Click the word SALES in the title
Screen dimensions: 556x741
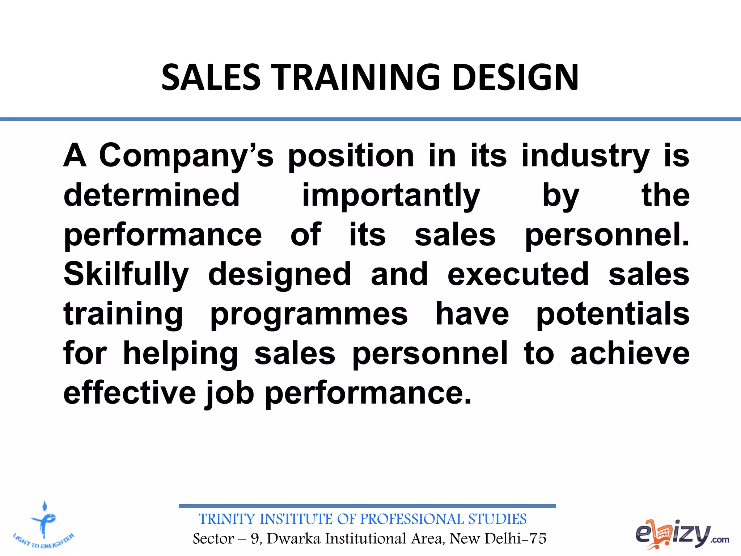click(x=211, y=77)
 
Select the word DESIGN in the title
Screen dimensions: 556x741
click(x=515, y=77)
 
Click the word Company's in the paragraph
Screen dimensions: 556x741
click(x=186, y=156)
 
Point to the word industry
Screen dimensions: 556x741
click(x=585, y=156)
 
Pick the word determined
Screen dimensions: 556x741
click(x=152, y=195)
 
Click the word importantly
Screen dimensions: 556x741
click(x=391, y=196)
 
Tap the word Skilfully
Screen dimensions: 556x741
click(x=126, y=275)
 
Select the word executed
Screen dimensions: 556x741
click(x=518, y=274)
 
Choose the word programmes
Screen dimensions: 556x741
click(x=309, y=314)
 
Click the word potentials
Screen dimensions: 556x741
click(x=613, y=314)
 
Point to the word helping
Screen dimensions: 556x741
click(x=181, y=354)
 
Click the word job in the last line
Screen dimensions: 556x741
click(x=230, y=393)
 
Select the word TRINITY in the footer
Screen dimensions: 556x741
click(x=227, y=519)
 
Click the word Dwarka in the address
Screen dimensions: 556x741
click(x=293, y=539)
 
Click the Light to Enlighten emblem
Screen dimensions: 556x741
click(x=44, y=525)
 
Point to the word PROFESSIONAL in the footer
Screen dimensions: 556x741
click(x=412, y=519)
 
